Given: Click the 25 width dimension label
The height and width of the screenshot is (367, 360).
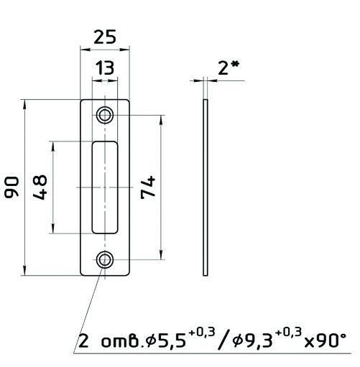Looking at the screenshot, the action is [x=105, y=37].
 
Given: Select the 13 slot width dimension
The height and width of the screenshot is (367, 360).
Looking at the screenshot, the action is [x=105, y=68].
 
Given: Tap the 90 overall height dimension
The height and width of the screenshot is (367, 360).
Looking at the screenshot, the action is [x=11, y=187].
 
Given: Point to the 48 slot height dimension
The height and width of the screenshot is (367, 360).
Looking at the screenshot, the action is [x=40, y=187].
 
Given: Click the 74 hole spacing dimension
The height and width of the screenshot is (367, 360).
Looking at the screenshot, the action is [x=148, y=187].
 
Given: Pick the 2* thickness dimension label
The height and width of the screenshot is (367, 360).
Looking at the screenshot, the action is [x=229, y=68].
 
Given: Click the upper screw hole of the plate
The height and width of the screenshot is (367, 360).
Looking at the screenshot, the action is [x=105, y=115].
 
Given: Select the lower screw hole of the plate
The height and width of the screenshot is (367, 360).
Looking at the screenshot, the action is [x=105, y=260].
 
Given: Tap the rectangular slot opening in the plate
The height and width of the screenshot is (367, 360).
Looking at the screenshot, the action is [x=105, y=187].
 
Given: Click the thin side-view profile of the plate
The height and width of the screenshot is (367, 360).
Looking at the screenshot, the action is [x=206, y=187].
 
